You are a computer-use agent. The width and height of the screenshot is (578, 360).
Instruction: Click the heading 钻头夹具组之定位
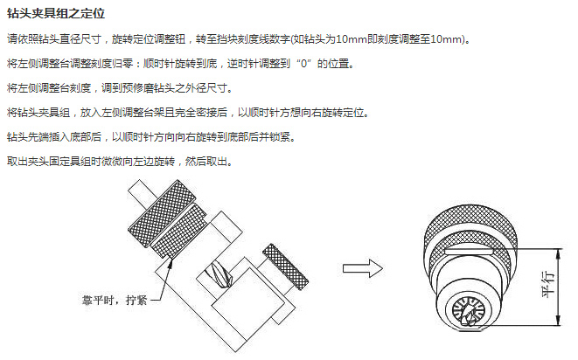(56, 13)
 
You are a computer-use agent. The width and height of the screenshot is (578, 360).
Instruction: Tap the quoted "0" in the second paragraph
(304, 64)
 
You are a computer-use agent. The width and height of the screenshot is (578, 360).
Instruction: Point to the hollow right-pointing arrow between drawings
(363, 268)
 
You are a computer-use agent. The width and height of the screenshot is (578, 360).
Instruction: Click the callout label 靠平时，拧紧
(115, 301)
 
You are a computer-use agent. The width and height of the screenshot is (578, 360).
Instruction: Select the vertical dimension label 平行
(548, 284)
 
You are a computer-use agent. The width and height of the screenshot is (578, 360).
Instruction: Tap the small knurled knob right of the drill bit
(285, 267)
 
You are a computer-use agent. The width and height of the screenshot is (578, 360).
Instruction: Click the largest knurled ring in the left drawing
(161, 213)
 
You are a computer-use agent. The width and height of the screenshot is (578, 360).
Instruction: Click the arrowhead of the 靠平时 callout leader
(171, 262)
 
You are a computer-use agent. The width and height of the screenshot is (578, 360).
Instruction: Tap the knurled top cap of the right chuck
(470, 225)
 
